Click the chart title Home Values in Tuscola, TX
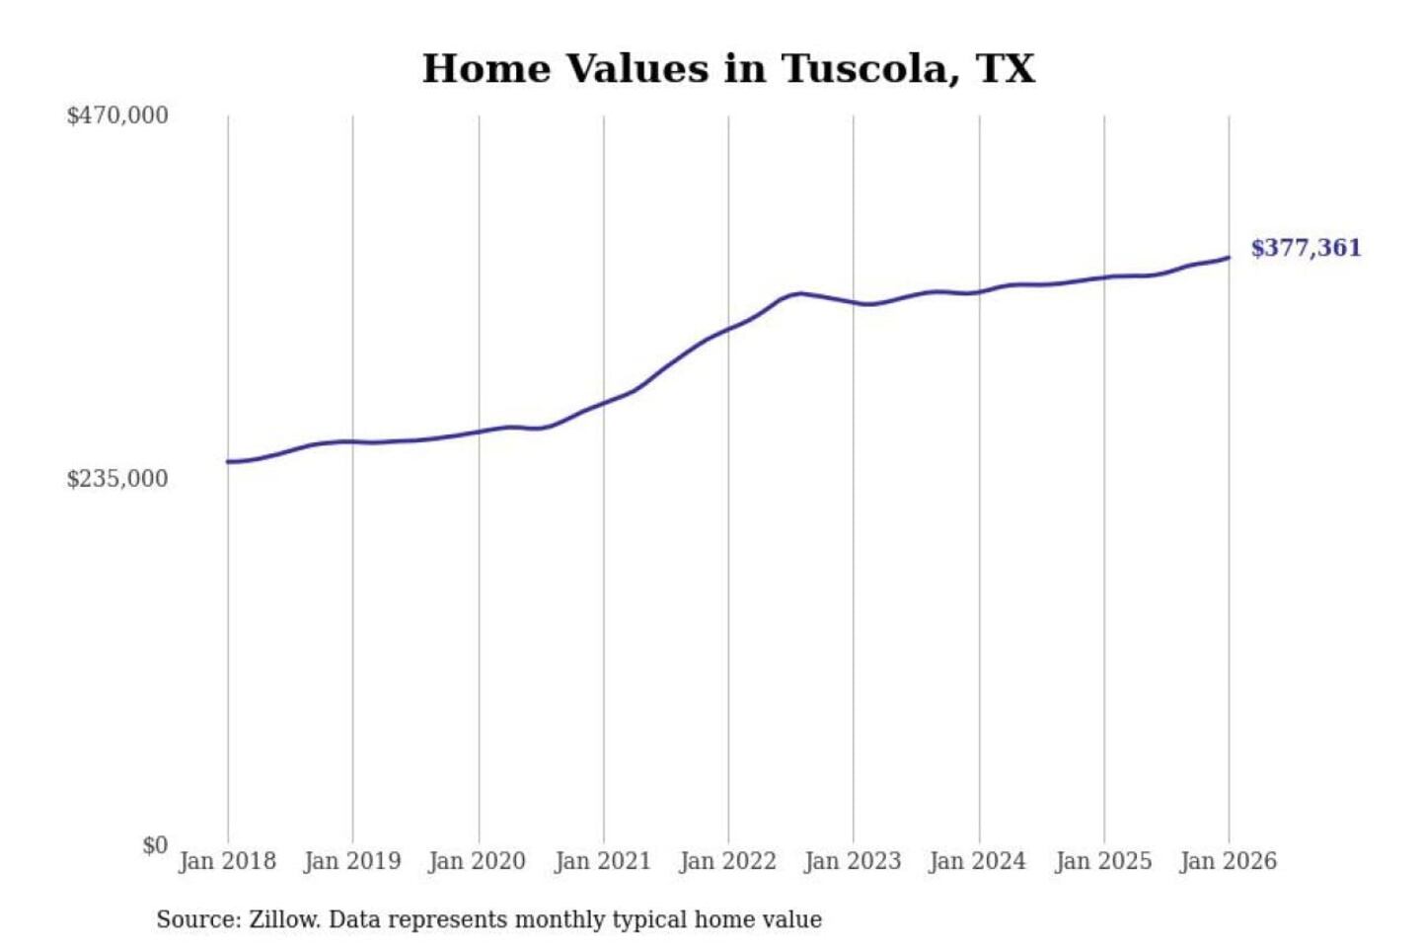coord(728,69)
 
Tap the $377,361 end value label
coord(1306,248)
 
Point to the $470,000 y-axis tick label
coord(117,116)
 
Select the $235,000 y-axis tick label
coord(117,479)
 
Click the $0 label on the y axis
coord(155,845)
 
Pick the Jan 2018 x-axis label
coord(227,861)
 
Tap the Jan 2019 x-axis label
coord(352,861)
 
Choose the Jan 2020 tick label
coord(478,861)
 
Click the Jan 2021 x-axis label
coord(603,861)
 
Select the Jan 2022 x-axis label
coord(728,861)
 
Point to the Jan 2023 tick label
coord(853,861)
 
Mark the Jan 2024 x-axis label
coord(978,861)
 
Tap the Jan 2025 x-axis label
coord(1103,861)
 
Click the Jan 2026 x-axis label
coord(1229,861)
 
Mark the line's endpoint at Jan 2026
coord(1229,258)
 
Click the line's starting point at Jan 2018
coord(228,461)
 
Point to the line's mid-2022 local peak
coord(800,293)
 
